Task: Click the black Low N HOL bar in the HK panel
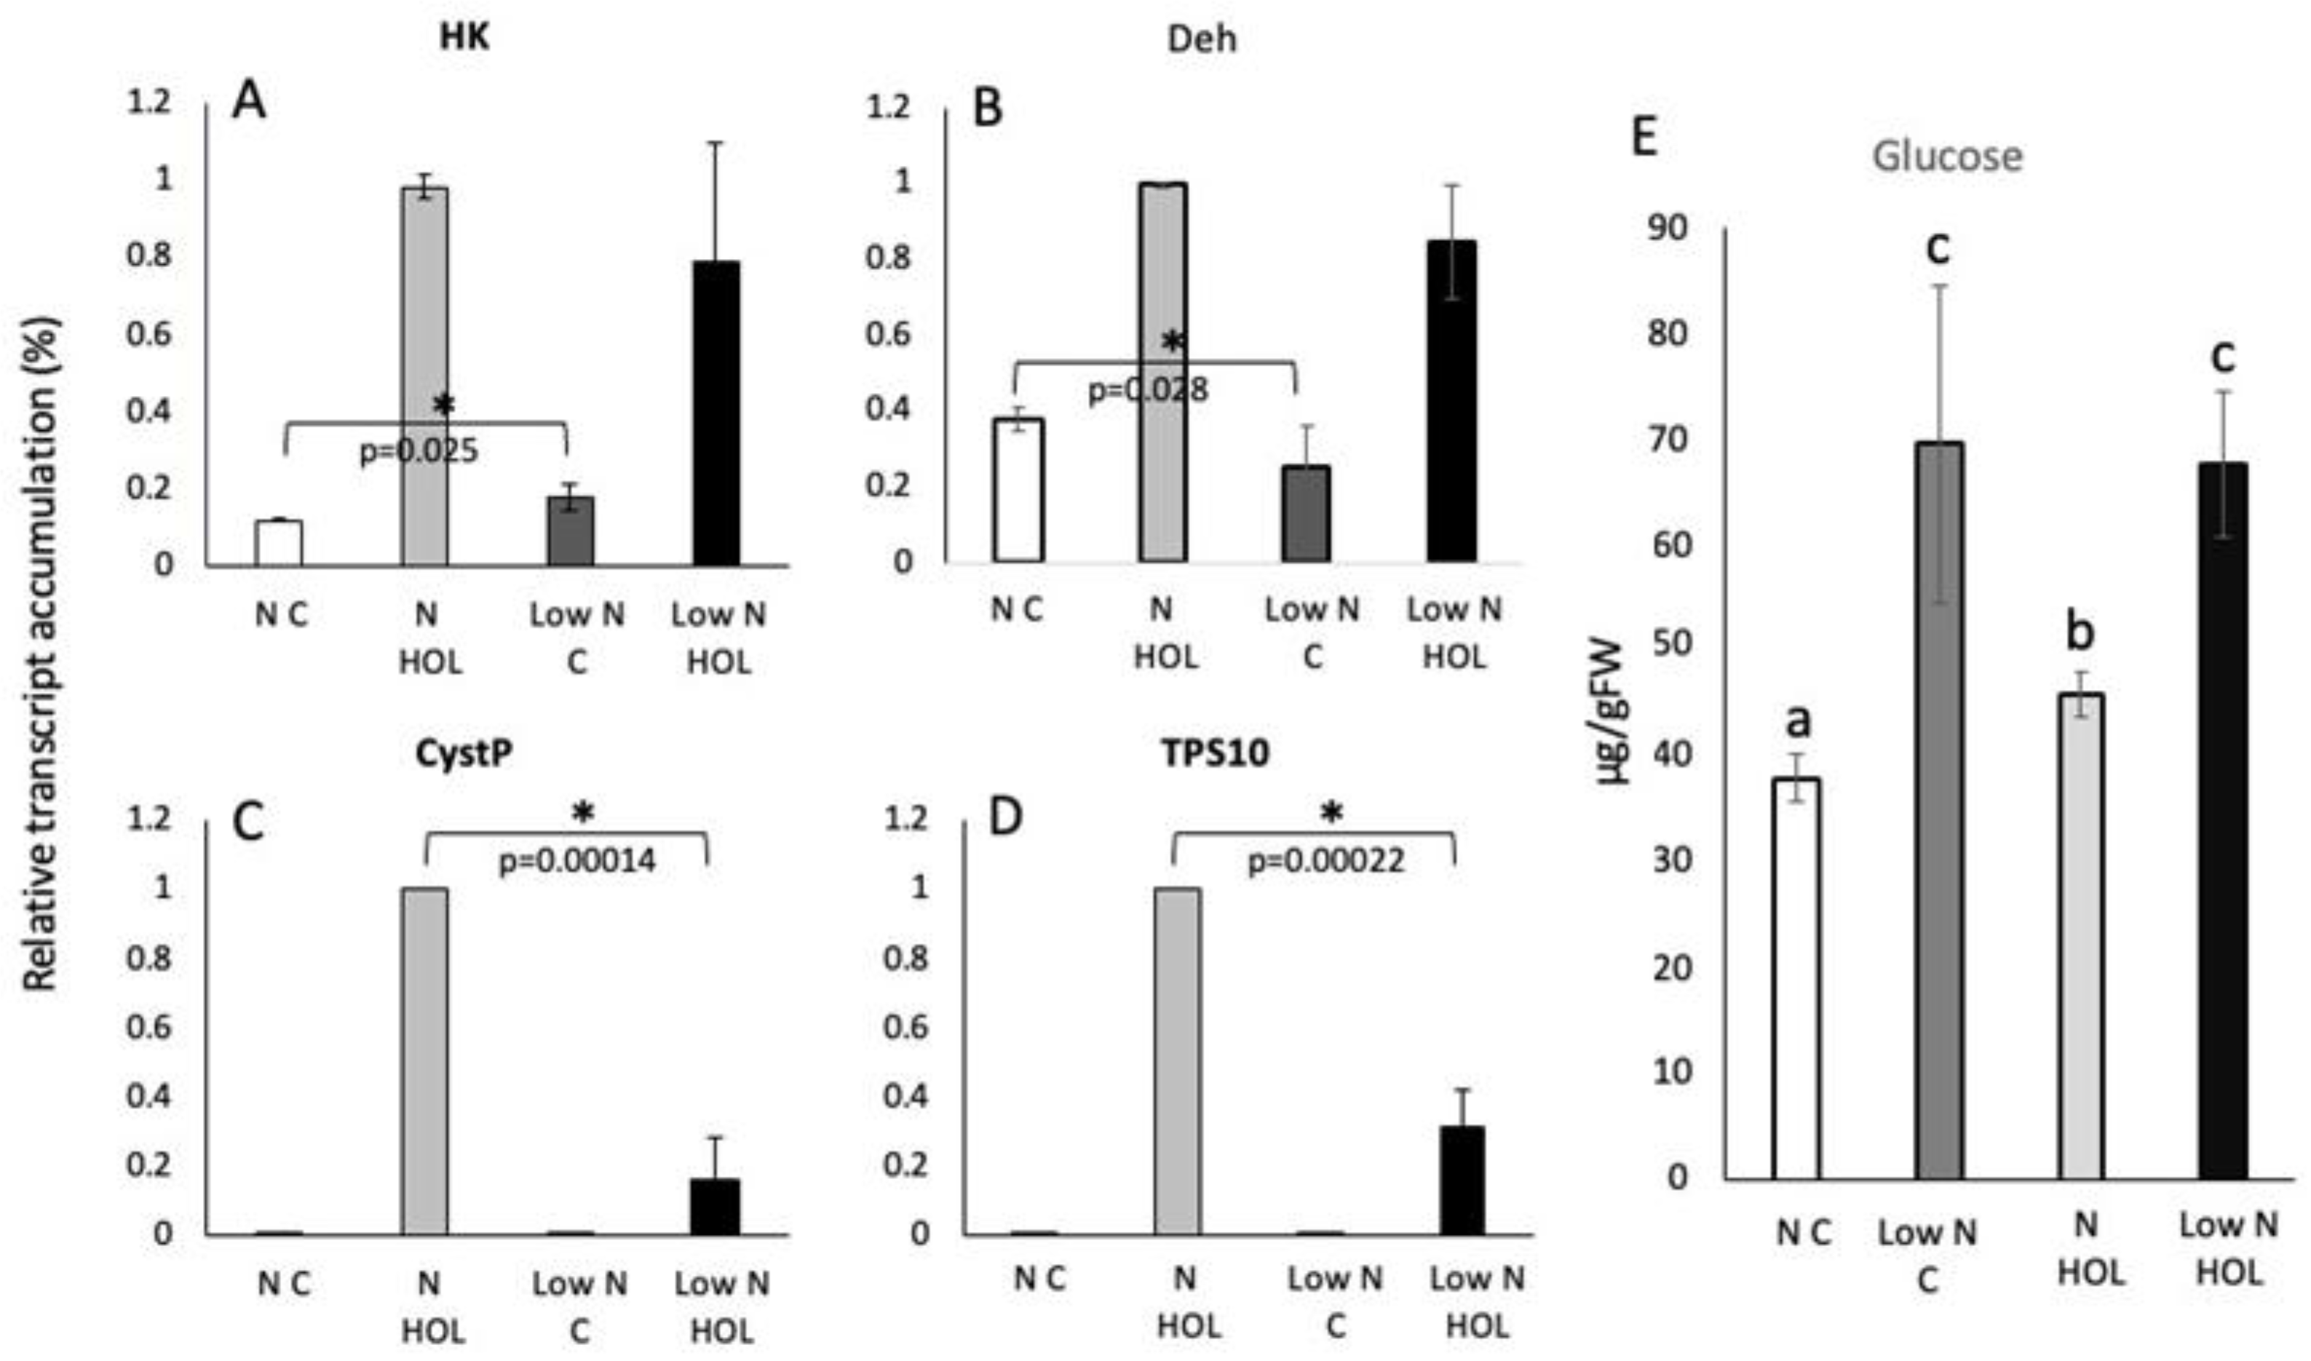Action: [716, 413]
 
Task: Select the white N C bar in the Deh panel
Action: [1018, 490]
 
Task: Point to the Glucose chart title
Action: [1946, 156]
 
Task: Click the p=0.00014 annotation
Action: [576, 860]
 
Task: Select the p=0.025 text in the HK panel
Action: [419, 451]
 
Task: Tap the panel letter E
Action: [1644, 138]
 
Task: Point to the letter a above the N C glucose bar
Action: [1799, 721]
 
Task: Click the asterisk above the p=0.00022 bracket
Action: [1331, 811]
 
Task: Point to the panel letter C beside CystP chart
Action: [247, 822]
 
